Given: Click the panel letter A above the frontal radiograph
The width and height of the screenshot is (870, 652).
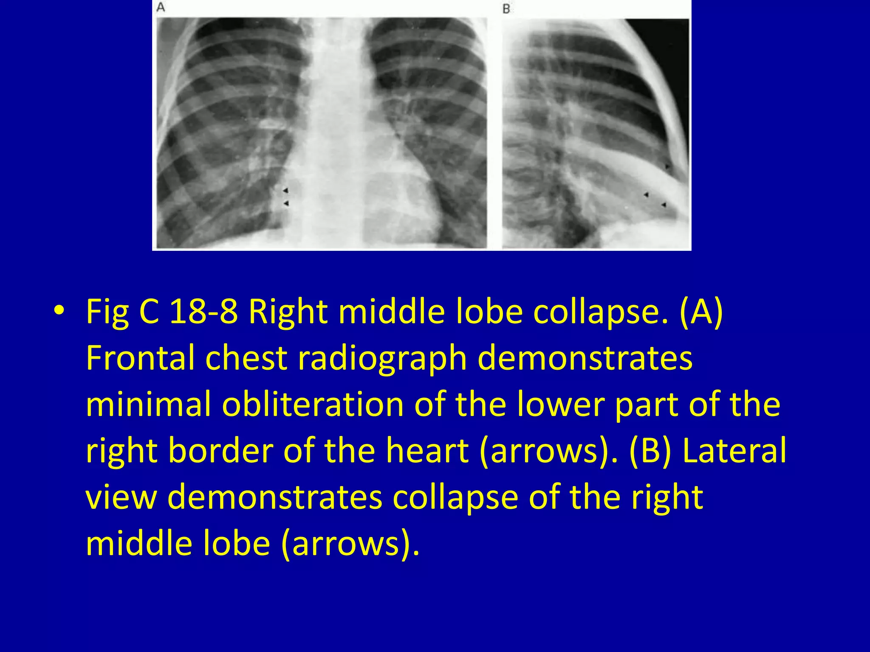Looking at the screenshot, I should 161,7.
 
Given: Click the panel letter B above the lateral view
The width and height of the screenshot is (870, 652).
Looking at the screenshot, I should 506,9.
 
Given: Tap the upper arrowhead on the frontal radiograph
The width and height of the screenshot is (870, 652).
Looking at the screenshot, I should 286,190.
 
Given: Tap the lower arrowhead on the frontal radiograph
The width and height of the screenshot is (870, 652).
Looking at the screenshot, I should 286,204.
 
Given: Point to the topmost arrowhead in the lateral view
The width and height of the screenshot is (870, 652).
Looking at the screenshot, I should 667,166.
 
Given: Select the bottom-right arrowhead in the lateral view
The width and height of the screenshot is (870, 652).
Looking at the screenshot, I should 664,205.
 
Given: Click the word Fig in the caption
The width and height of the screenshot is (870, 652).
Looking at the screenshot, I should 107,312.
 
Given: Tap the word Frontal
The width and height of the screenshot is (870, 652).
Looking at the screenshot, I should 140,358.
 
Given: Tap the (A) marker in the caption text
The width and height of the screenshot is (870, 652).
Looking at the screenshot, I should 701,312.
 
